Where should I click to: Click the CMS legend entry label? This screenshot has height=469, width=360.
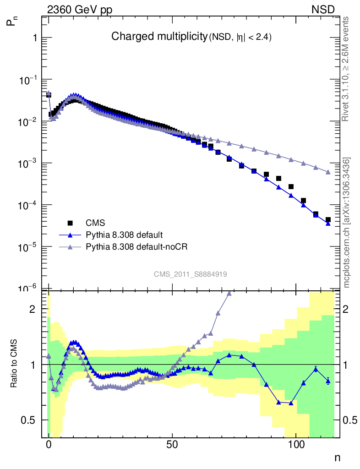(96, 223)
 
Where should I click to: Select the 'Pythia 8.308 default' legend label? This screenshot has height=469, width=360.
(124, 235)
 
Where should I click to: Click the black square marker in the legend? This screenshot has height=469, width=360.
(71, 223)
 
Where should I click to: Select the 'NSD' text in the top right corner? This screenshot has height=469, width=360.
(323, 9)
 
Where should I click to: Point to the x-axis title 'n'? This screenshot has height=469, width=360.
(338, 457)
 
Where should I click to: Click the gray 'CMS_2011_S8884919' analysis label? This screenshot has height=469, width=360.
(191, 274)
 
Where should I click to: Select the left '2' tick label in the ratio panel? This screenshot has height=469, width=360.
(32, 309)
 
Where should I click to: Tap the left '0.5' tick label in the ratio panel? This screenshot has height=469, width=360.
(28, 420)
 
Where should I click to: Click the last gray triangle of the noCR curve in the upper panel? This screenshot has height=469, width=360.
(328, 172)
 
